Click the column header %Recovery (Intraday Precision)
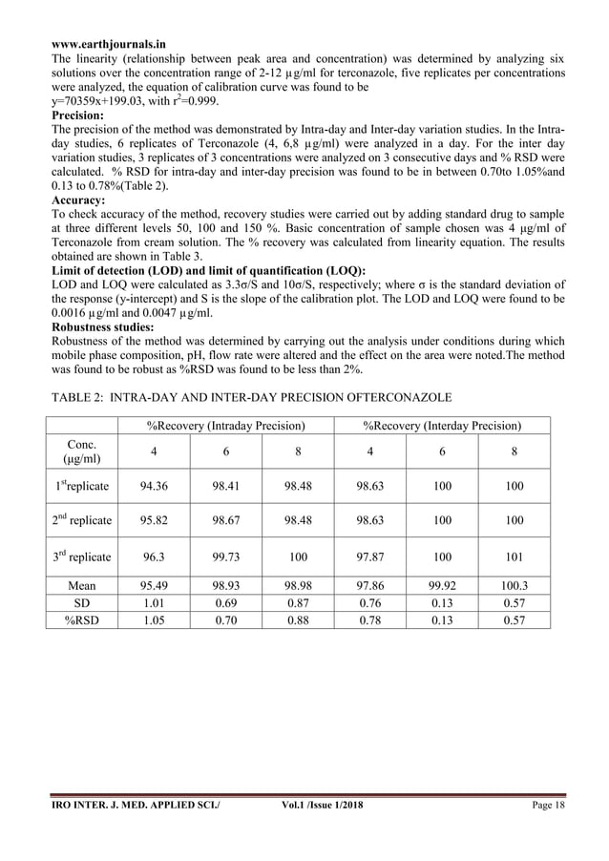coord(225,425)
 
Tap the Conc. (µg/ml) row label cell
coord(80,451)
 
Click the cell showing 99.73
coord(225,556)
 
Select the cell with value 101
coord(514,556)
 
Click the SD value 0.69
coord(225,602)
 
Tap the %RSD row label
coord(80,619)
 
